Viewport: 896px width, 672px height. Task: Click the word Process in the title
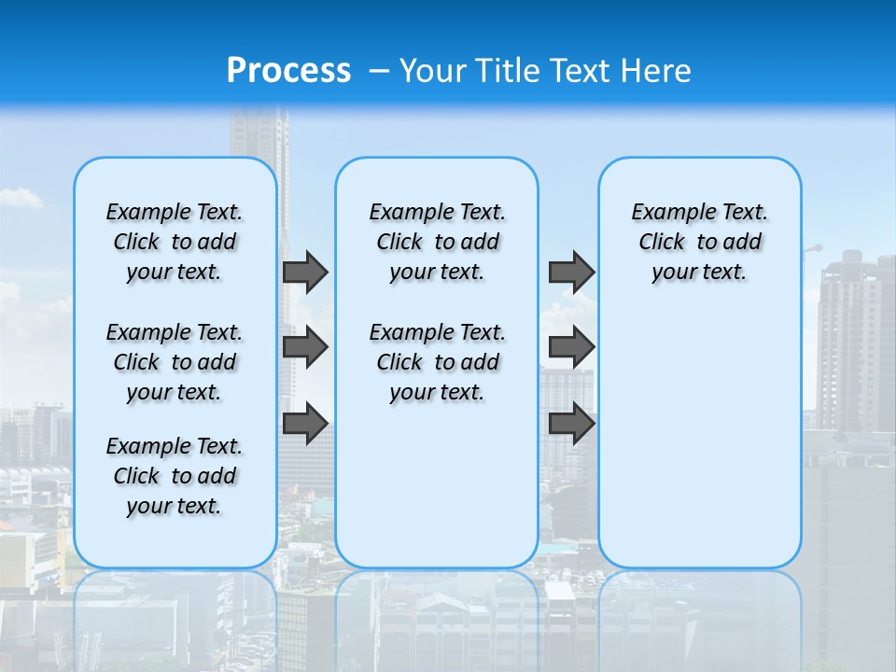(288, 71)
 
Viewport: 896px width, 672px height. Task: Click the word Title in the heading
(506, 71)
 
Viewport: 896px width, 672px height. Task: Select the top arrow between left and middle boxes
(305, 272)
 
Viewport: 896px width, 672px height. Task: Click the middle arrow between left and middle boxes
(305, 347)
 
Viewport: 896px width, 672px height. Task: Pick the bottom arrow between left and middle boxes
(305, 423)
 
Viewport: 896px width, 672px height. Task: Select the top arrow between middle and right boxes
(571, 272)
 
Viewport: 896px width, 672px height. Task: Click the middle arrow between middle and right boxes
(571, 347)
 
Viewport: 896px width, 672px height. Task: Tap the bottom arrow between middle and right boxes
(571, 423)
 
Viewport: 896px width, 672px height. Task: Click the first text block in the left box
(175, 242)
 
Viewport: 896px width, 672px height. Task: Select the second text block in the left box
(175, 362)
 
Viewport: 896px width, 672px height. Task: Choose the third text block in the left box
(175, 476)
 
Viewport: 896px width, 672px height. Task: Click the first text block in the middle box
(437, 242)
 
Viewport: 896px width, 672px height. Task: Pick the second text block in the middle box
(437, 362)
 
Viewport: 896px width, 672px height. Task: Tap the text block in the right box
(699, 242)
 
